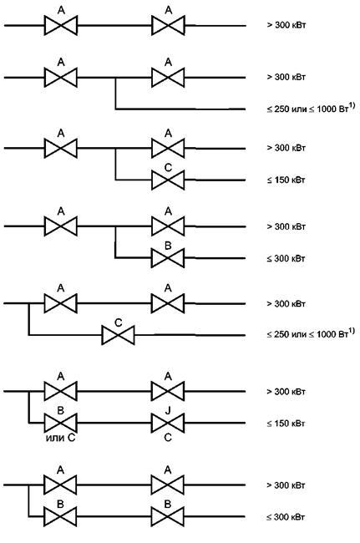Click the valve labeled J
coord(168,423)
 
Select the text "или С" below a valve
coord(60,438)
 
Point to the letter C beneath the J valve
coord(168,438)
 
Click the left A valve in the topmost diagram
coord(61,25)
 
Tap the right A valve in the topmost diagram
coord(168,25)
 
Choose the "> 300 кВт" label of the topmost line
coord(286,25)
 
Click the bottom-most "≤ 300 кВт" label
coord(286,517)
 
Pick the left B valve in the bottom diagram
coord(61,516)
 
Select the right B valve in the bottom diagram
coord(168,516)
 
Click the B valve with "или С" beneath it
coord(61,423)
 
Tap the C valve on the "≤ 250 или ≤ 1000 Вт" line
coord(118,335)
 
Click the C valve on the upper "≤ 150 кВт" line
coord(168,180)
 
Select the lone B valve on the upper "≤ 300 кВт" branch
coord(168,258)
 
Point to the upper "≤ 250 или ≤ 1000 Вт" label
coord(311,109)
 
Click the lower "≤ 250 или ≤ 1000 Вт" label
coord(311,333)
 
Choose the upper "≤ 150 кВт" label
coord(286,180)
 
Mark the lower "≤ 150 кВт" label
coord(286,424)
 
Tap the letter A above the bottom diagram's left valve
coord(61,470)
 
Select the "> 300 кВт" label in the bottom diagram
coord(286,485)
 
